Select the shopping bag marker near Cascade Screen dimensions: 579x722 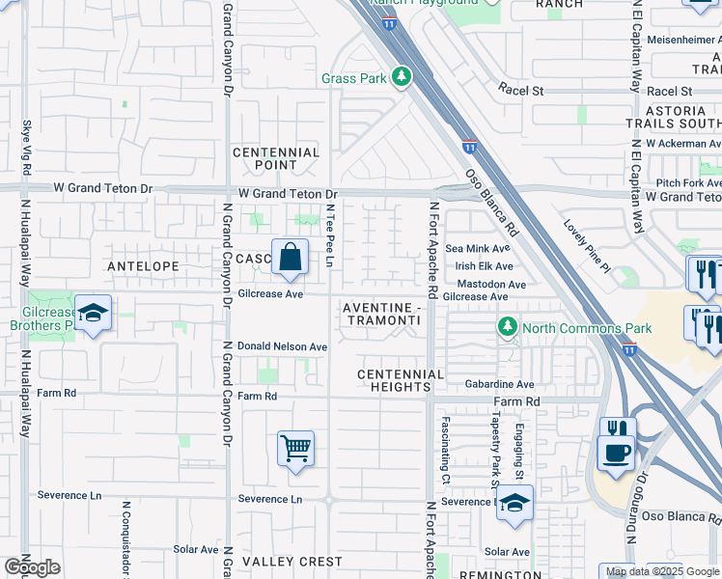[x=290, y=258]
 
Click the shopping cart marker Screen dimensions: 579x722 [x=295, y=448]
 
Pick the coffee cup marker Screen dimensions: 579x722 [x=615, y=452]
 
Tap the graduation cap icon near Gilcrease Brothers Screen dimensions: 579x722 [x=93, y=313]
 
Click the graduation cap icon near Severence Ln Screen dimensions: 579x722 [x=515, y=503]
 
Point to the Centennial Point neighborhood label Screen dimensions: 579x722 [x=276, y=159]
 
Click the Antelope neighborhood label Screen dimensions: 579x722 [x=143, y=265]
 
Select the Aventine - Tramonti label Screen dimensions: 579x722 [x=382, y=314]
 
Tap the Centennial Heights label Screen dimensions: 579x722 [x=401, y=380]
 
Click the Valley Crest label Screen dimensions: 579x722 [x=292, y=562]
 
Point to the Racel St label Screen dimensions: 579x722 [x=521, y=91]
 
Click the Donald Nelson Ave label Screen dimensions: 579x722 [x=283, y=346]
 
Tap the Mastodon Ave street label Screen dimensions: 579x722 [x=491, y=285]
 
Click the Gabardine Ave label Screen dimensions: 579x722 [x=499, y=384]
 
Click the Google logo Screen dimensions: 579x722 [x=32, y=567]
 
